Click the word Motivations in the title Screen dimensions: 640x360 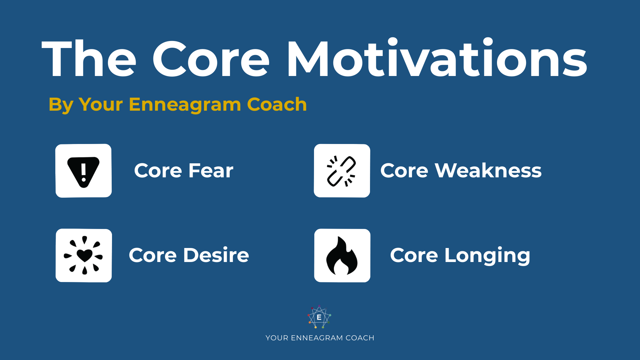(437, 59)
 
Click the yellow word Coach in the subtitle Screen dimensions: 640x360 (277, 104)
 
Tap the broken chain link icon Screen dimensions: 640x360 (342, 171)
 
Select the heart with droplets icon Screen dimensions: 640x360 (84, 255)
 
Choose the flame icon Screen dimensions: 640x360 (342, 256)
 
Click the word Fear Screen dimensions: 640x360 (211, 171)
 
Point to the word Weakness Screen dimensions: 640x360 (488, 171)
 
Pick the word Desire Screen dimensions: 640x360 (216, 255)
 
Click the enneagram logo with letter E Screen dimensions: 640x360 (319, 317)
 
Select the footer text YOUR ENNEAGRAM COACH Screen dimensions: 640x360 (320, 338)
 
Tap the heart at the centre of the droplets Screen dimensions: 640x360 (84, 255)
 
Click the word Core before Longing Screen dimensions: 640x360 (414, 256)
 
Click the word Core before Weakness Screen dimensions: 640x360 (404, 171)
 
